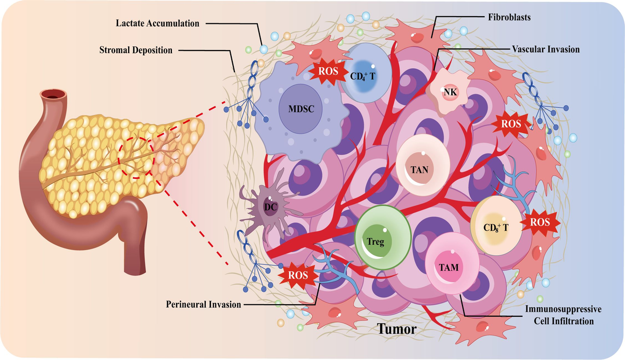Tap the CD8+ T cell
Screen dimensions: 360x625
coord(495,226)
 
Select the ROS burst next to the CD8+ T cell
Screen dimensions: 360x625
coord(540,222)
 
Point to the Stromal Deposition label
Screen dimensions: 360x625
coord(136,50)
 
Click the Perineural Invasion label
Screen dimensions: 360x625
coord(204,304)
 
